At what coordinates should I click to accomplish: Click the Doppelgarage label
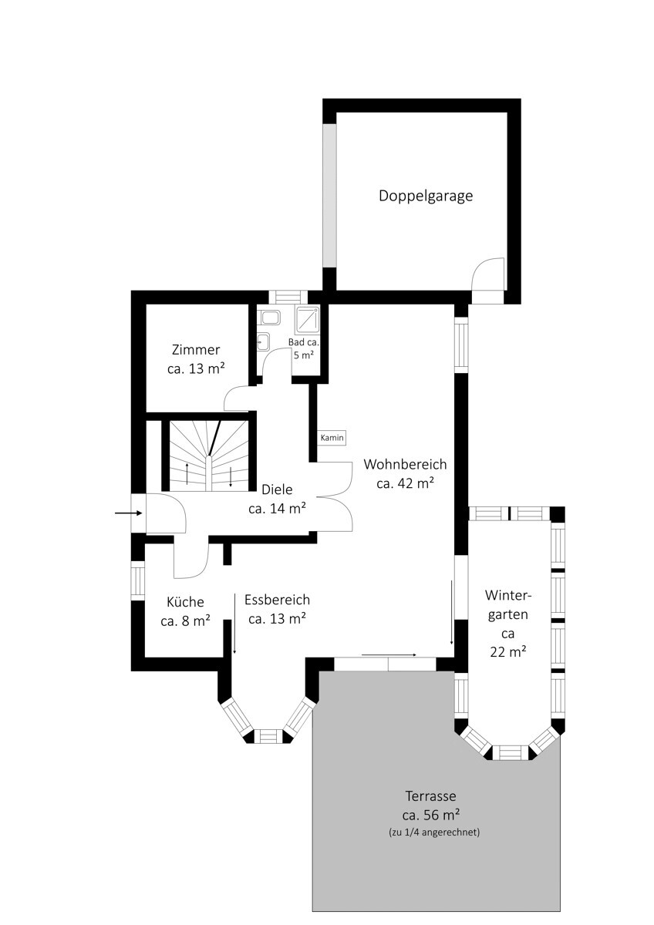pos(426,196)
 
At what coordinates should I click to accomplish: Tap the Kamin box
pos(332,438)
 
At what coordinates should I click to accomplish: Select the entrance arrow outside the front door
pos(129,513)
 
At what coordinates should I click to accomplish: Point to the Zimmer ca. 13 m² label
pos(196,359)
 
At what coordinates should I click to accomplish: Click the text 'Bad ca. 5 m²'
pos(304,348)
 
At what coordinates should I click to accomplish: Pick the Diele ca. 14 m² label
pos(277,499)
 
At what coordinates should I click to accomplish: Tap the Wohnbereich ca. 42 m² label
pos(406,473)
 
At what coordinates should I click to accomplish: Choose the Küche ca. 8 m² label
pos(186,611)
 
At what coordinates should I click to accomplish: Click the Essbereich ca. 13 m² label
pos(277,609)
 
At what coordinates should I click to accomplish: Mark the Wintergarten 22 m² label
pos(507,624)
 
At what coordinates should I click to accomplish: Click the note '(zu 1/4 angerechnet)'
pos(434,832)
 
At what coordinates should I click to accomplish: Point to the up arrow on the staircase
pos(187,473)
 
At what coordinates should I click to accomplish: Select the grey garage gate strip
pos(329,195)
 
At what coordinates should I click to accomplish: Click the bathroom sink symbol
pos(262,341)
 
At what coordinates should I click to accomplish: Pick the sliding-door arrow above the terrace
pos(389,655)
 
